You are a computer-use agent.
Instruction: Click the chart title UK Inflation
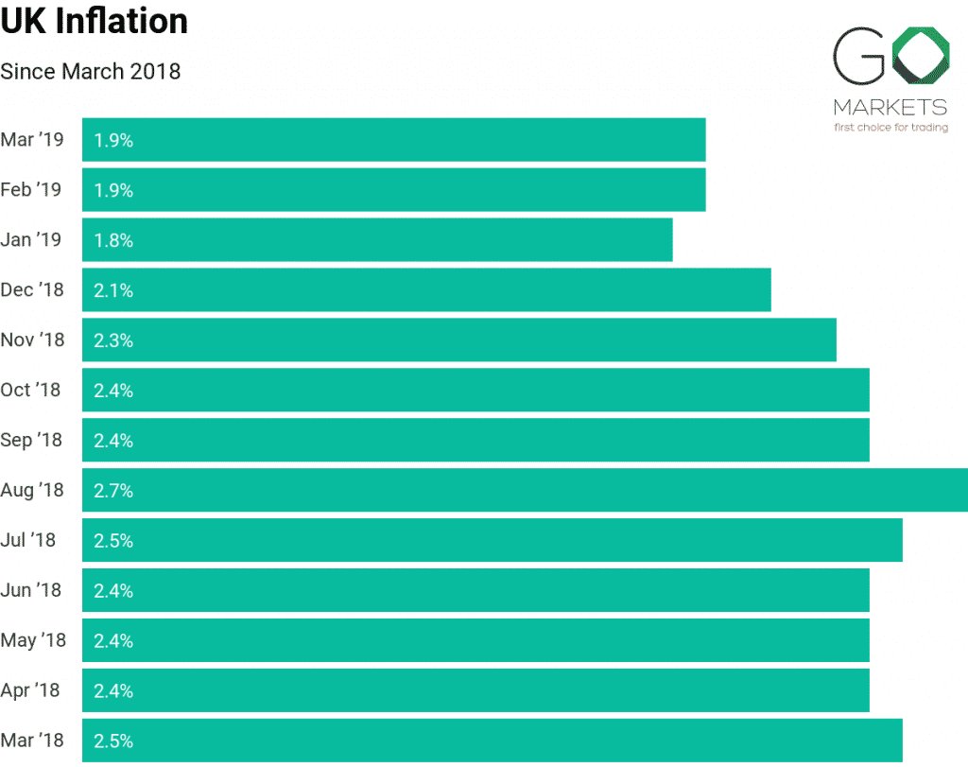95,21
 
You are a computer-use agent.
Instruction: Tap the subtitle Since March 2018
91,71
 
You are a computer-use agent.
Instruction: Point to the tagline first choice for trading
890,128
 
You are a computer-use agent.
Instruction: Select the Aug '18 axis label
32,490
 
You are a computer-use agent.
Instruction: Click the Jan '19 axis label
31,239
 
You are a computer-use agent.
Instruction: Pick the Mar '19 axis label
32,140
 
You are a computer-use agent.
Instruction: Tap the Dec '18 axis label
32,289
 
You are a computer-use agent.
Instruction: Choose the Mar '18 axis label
32,741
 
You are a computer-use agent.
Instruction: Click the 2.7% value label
113,491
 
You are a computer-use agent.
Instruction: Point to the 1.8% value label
113,240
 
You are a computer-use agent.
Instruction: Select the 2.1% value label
113,290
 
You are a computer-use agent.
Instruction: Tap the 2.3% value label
113,340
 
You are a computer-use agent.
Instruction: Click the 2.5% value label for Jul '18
113,541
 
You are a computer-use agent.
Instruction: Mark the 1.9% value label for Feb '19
113,190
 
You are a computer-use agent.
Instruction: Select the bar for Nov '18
459,340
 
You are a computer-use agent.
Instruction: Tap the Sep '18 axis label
32,440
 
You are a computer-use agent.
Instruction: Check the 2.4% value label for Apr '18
113,691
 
